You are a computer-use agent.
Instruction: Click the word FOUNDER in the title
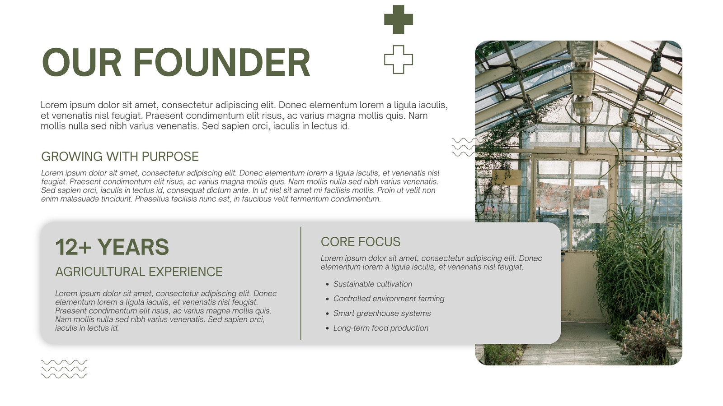(x=221, y=63)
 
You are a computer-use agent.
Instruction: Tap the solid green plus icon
(x=398, y=19)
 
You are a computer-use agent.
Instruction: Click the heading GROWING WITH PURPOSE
(x=120, y=157)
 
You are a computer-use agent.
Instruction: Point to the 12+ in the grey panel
(x=73, y=247)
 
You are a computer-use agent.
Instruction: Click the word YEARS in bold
(x=133, y=247)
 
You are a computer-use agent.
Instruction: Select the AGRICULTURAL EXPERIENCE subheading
(x=139, y=272)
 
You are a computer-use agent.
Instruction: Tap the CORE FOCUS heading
(x=360, y=242)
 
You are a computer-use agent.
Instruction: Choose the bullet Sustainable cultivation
(x=372, y=284)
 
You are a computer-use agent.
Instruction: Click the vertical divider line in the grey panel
(x=301, y=283)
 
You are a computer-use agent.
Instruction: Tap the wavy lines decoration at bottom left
(x=64, y=369)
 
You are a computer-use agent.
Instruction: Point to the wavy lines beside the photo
(x=464, y=147)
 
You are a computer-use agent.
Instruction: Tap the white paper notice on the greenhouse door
(x=598, y=210)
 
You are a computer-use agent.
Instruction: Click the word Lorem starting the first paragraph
(x=54, y=105)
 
